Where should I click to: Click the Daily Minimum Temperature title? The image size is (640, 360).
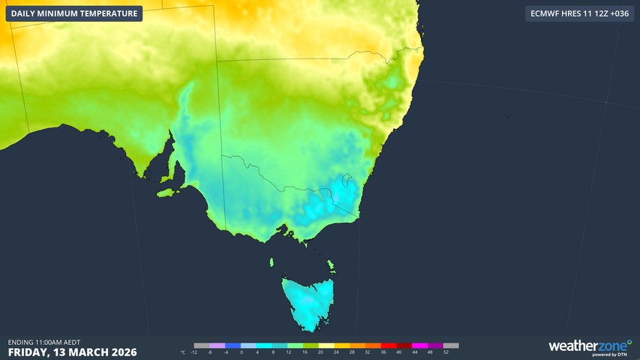(74, 13)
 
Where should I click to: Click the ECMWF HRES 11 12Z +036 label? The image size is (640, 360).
(579, 13)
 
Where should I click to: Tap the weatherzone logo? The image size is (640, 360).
(590, 346)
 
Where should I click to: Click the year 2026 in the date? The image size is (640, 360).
(119, 352)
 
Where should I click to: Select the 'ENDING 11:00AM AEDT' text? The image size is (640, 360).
(44, 342)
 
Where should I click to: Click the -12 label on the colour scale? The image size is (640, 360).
(194, 352)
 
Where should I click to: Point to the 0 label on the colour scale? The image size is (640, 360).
(241, 352)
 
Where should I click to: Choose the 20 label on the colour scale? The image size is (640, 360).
(320, 352)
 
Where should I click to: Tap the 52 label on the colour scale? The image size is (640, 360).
(446, 352)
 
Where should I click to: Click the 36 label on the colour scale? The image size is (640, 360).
(383, 352)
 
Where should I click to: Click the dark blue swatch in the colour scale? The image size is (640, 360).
(233, 346)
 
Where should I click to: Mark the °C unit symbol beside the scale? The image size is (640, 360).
(183, 352)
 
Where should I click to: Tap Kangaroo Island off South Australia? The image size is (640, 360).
(170, 193)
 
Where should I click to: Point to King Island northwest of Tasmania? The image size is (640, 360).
(272, 262)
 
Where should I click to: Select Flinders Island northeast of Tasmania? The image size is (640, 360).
(331, 265)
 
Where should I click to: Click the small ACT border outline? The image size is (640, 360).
(346, 181)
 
